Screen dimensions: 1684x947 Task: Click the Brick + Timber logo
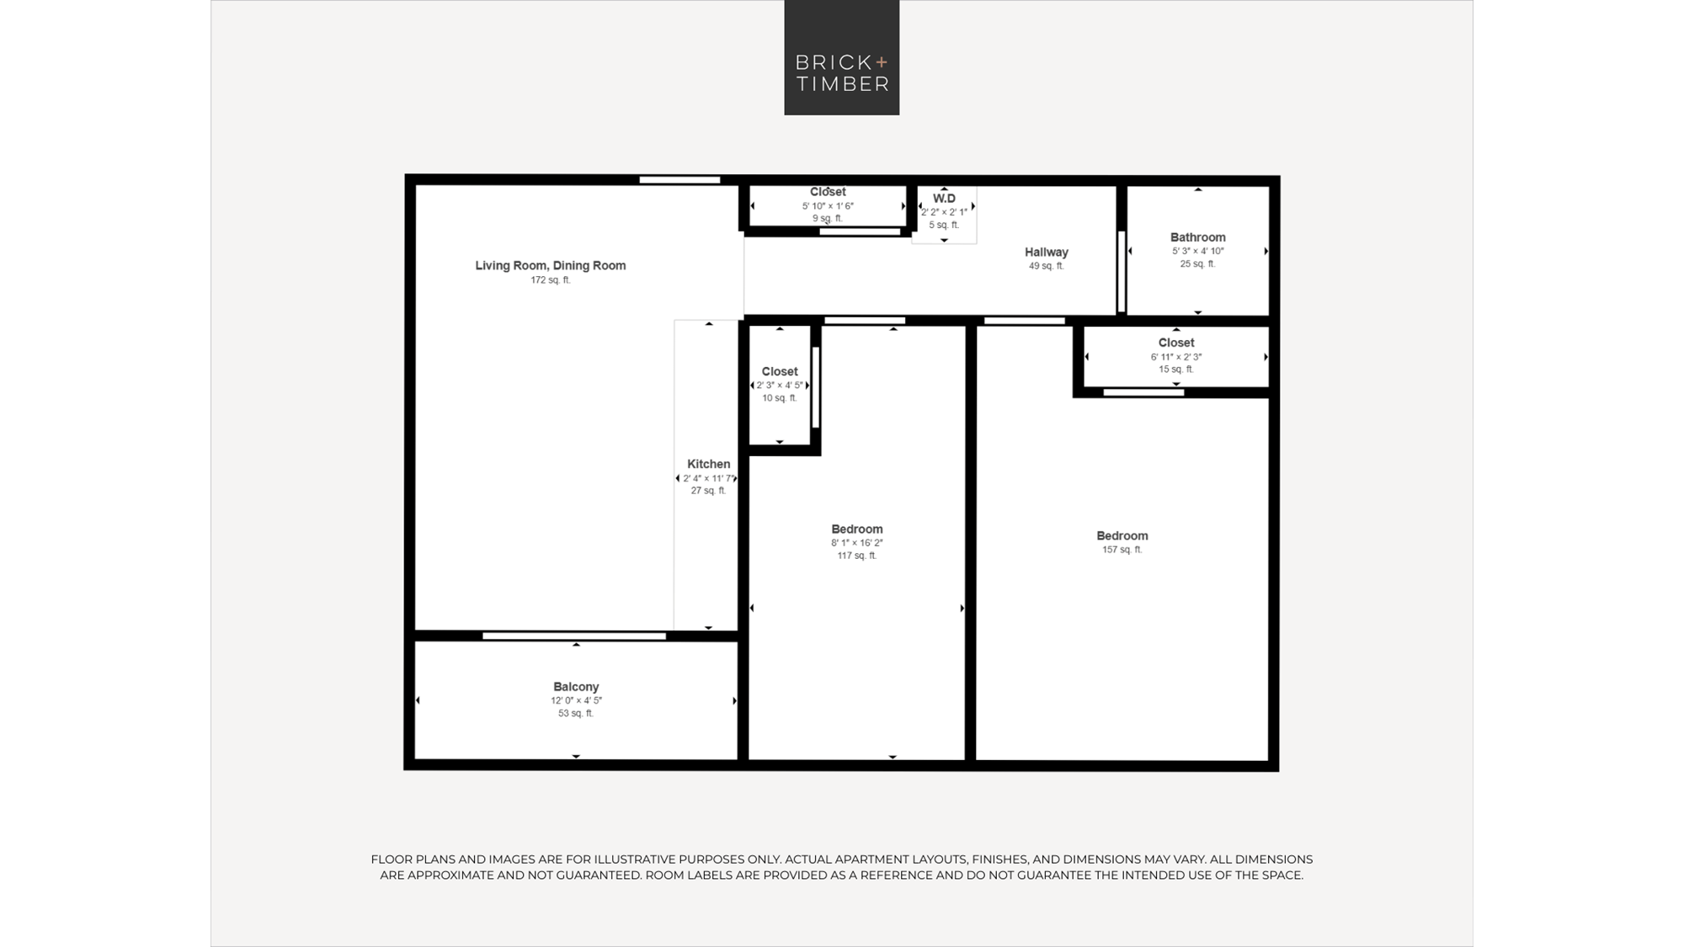pyautogui.click(x=842, y=57)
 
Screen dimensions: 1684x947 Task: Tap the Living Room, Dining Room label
pyautogui.click(x=551, y=265)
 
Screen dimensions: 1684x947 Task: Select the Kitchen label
pyautogui.click(x=708, y=464)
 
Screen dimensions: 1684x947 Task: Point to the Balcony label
pyautogui.click(x=576, y=687)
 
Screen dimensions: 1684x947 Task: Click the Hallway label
pyautogui.click(x=1047, y=253)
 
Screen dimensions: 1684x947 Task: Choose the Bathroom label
pyautogui.click(x=1197, y=237)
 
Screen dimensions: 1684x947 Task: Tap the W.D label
pyautogui.click(x=944, y=199)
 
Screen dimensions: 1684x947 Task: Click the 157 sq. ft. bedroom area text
pyautogui.click(x=1122, y=550)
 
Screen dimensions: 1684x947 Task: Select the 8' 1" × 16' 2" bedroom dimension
pyautogui.click(x=857, y=543)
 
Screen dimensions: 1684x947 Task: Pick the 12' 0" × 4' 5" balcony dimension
pyautogui.click(x=576, y=700)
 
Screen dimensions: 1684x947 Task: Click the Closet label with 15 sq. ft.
pyautogui.click(x=1176, y=343)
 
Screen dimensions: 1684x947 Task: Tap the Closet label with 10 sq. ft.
pyautogui.click(x=780, y=371)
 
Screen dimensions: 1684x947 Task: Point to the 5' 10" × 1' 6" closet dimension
pyautogui.click(x=828, y=206)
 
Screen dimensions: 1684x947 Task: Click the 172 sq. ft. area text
pyautogui.click(x=551, y=280)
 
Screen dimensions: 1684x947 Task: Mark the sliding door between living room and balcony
pyautogui.click(x=574, y=636)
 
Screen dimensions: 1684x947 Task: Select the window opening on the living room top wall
pyautogui.click(x=679, y=180)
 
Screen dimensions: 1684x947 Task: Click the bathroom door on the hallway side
pyautogui.click(x=1122, y=272)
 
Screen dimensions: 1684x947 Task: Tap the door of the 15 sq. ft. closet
pyautogui.click(x=1143, y=392)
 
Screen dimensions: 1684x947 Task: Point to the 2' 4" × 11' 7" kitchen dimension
pyautogui.click(x=708, y=478)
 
